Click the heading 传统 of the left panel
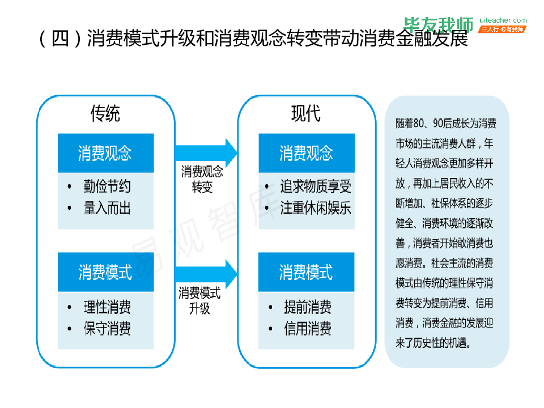105,114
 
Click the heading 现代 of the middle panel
306,114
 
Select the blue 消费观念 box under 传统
105,153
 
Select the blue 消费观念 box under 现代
307,153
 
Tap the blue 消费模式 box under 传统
105,272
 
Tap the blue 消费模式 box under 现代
307,272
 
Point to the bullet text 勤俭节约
107,186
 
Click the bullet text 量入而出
107,208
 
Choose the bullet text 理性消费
107,307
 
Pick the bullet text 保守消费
107,329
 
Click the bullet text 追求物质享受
316,186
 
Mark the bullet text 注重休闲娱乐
316,208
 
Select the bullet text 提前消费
308,307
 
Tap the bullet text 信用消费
308,329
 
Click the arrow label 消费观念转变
202,179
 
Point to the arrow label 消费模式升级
199,300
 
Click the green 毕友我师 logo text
439,24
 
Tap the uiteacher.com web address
503,20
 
